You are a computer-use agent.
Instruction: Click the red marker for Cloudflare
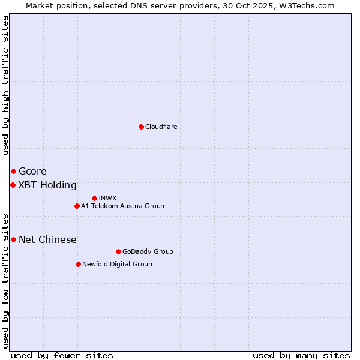(x=141, y=127)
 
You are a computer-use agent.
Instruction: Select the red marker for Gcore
(x=13, y=172)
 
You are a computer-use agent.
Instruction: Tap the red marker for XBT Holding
(x=13, y=185)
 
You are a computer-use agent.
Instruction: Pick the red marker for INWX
(x=94, y=198)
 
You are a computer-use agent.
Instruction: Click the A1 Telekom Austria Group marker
(x=77, y=206)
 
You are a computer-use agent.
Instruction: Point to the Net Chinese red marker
(x=13, y=239)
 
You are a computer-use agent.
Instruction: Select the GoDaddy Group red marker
(x=118, y=251)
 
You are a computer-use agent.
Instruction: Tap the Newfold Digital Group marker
(x=78, y=264)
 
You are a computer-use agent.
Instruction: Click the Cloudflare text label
(x=161, y=127)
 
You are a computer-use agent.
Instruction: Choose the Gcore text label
(x=32, y=172)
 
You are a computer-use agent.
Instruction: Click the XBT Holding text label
(x=47, y=185)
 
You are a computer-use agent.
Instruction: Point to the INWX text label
(x=107, y=198)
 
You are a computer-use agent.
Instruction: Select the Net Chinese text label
(x=47, y=239)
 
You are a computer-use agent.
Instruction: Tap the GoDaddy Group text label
(x=148, y=251)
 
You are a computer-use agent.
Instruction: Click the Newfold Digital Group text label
(x=117, y=264)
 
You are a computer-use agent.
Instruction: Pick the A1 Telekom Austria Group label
(x=122, y=206)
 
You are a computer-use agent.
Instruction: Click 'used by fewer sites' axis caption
(x=62, y=355)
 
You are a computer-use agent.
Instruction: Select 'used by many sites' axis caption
(x=301, y=355)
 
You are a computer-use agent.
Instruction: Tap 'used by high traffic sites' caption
(x=5, y=86)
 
